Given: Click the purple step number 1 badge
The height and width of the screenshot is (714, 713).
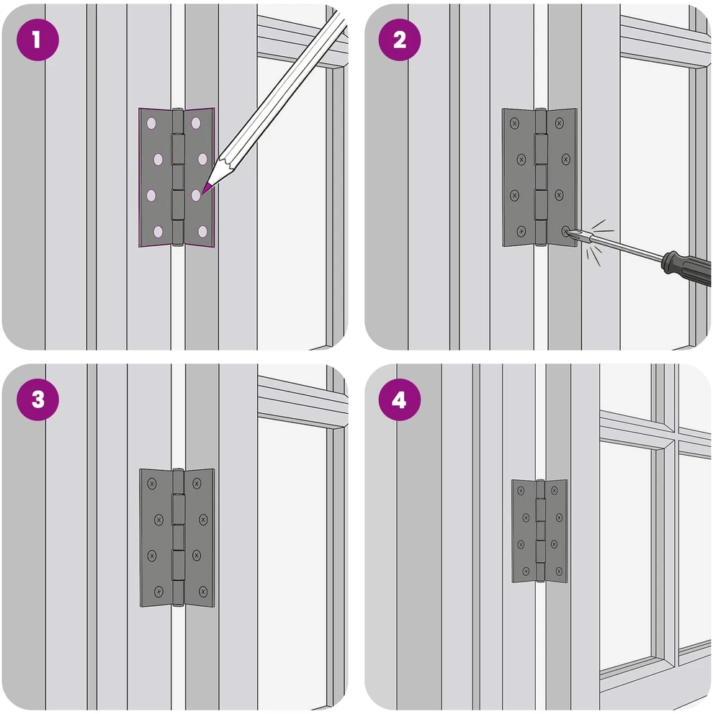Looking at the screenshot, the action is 38,40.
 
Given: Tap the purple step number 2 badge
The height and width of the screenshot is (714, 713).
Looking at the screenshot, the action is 400,40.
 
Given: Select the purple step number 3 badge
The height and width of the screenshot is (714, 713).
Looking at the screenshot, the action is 38,399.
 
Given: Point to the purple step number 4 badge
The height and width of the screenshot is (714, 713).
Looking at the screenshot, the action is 400,399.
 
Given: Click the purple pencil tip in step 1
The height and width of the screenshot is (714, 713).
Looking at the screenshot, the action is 206,188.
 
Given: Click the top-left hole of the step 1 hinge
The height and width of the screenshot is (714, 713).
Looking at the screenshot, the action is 151,123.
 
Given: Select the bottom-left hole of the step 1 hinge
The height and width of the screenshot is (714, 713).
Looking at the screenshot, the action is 158,232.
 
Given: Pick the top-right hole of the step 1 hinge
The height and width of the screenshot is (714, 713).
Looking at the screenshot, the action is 196,123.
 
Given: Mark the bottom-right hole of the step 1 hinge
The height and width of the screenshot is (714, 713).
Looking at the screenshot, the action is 203,232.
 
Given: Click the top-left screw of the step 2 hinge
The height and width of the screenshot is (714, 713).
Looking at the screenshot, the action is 514,123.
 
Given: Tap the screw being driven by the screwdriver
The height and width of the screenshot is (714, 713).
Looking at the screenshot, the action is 566,232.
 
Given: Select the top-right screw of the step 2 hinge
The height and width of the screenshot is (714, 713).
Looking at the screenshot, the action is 559,123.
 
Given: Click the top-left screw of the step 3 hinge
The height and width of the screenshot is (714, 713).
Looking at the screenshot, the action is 152,483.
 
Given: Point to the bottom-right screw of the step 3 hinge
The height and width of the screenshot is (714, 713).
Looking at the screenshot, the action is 203,592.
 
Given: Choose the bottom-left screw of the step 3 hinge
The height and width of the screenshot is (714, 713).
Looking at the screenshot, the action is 158,592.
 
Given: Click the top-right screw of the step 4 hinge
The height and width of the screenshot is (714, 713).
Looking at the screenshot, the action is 554,490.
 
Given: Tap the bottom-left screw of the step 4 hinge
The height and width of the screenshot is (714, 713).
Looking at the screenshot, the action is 526,571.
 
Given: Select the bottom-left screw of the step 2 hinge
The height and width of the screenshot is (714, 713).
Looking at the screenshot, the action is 521,232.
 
